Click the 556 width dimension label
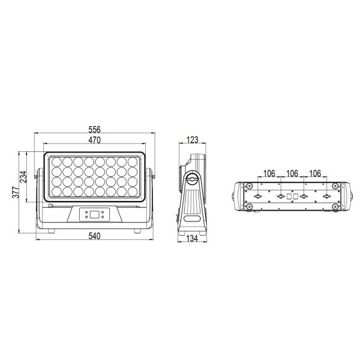coord(94,130)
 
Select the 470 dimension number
coord(94,140)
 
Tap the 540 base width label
coord(94,236)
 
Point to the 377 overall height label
coord(16,193)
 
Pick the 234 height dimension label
coord(23,177)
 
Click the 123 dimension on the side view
coord(192,140)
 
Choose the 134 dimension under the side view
coord(192,239)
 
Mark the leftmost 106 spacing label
coord(269,173)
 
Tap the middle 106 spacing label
coord(292,173)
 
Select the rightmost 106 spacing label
coord(315,173)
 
